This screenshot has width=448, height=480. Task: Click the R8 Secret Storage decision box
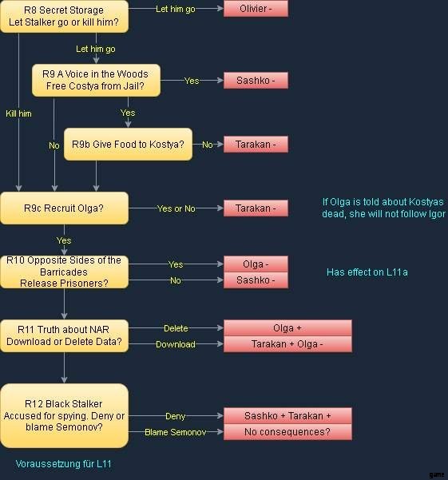[x=64, y=16]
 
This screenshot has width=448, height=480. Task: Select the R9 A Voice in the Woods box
[x=96, y=80]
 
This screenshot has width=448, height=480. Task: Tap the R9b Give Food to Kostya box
[x=129, y=145]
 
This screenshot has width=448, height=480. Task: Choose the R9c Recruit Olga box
[x=64, y=208]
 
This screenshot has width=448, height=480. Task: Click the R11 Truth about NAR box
[x=64, y=335]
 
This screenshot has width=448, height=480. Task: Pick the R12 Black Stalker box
[x=64, y=416]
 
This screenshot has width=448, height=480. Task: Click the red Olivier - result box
[x=256, y=9]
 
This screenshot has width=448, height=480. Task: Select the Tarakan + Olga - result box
[x=287, y=344]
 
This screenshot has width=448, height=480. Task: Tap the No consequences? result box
[x=287, y=432]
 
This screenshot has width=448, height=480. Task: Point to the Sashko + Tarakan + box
[x=287, y=416]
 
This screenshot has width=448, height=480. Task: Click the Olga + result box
[x=287, y=328]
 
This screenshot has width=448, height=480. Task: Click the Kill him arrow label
[x=18, y=113]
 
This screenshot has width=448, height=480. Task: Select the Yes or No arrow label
[x=176, y=208]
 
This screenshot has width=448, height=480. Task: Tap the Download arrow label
[x=176, y=344]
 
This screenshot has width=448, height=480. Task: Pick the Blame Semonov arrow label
[x=176, y=432]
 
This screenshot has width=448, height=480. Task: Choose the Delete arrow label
[x=176, y=328]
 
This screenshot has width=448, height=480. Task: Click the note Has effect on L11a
[x=367, y=272]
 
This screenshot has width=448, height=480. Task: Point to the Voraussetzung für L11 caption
[x=64, y=464]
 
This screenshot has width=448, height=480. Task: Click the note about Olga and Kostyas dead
[x=383, y=208]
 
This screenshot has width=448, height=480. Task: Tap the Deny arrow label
[x=176, y=416]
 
